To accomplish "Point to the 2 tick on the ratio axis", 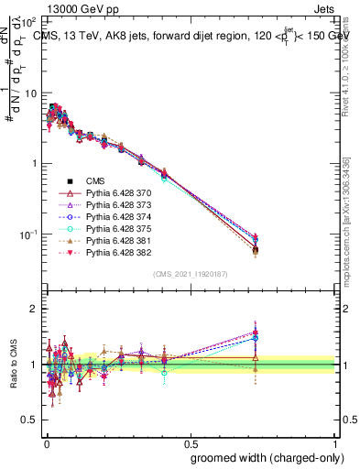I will [x=34, y=309].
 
